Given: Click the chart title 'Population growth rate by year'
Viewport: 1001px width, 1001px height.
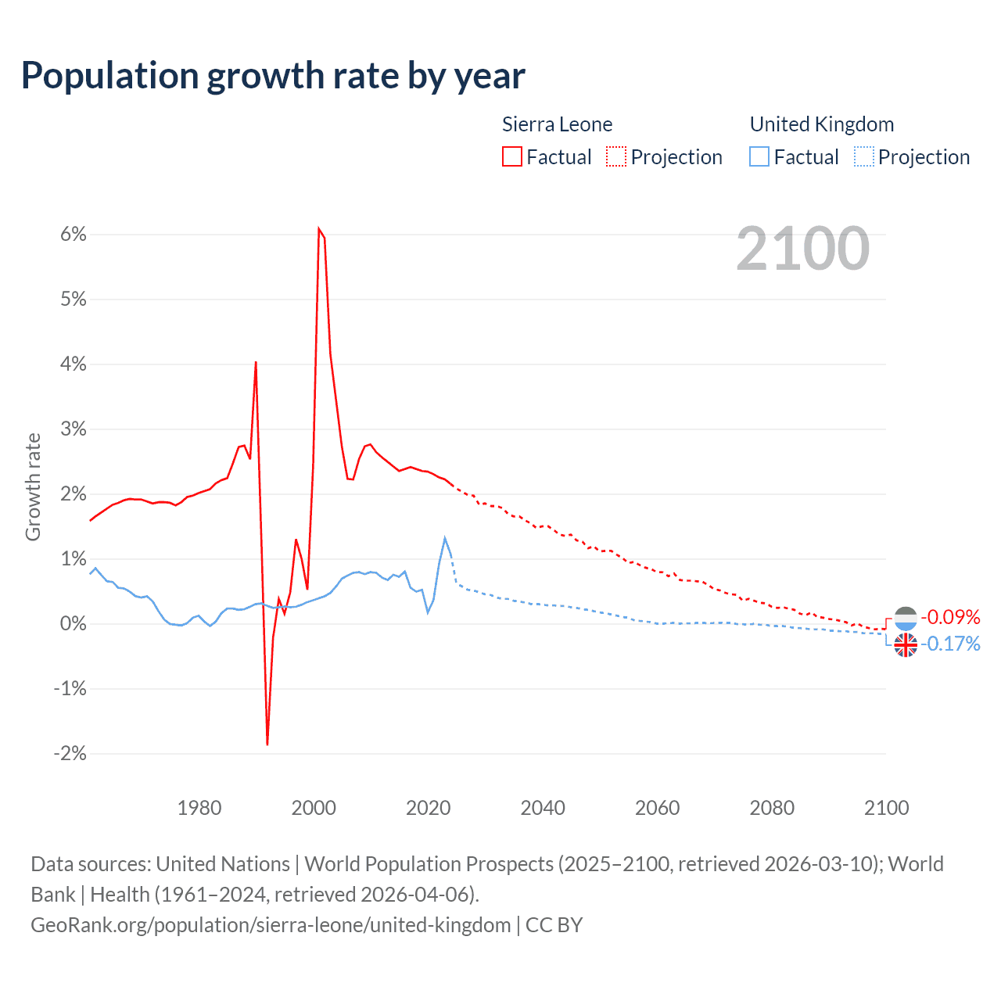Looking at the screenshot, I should tap(273, 76).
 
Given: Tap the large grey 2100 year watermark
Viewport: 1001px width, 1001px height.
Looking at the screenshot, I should tap(802, 249).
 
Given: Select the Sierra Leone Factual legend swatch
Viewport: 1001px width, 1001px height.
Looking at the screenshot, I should tap(512, 157).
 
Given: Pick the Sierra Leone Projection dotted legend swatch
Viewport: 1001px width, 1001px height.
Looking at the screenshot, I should tap(616, 157).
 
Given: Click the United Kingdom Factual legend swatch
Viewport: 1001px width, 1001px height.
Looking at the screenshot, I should tap(759, 157).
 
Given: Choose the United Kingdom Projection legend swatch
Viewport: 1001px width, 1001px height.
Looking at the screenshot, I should tap(863, 157).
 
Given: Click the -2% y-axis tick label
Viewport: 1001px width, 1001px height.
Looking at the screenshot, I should tap(70, 754).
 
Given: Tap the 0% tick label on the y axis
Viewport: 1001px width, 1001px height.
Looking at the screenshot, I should tap(73, 624).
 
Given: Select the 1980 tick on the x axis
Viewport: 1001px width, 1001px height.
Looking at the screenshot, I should tap(199, 808).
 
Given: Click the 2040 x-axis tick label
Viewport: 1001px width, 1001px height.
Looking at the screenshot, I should tap(543, 808).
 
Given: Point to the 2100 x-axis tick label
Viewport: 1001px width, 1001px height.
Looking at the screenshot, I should tap(886, 808).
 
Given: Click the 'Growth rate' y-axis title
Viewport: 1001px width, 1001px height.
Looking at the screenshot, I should tap(33, 486).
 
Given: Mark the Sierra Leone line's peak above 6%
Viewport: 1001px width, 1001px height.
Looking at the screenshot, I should tap(319, 228).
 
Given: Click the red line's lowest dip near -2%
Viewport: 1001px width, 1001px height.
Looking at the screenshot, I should tap(267, 744).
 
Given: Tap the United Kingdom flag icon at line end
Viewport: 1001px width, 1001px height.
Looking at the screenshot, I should tap(906, 645).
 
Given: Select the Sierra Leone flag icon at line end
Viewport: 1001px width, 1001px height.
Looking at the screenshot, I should tap(906, 618).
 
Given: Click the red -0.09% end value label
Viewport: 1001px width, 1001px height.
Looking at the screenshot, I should tap(950, 617).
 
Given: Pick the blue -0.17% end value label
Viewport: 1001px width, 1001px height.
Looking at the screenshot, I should tap(950, 644).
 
